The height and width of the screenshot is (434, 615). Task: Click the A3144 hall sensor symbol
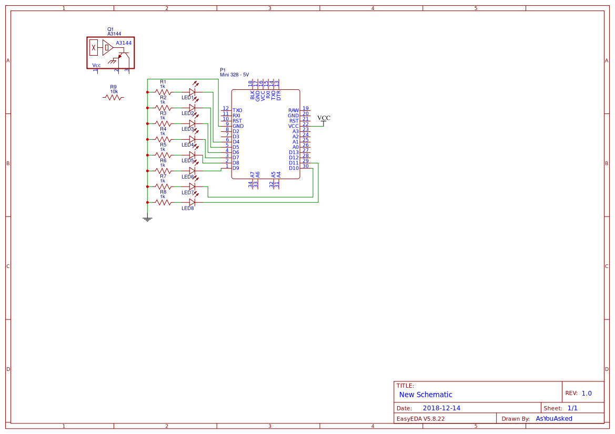click(110, 53)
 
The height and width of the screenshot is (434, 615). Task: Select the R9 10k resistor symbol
click(113, 97)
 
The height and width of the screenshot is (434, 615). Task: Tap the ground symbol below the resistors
click(147, 219)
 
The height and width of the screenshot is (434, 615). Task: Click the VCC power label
click(324, 118)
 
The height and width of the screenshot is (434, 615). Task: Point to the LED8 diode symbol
click(192, 202)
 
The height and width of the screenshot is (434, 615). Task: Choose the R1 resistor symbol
click(163, 91)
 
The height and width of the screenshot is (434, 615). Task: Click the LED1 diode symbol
click(192, 91)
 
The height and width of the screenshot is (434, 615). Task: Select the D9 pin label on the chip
click(236, 168)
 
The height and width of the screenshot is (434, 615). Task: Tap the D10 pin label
click(294, 168)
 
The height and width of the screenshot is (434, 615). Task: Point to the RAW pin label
click(293, 110)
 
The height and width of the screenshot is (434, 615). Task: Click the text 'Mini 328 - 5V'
click(234, 75)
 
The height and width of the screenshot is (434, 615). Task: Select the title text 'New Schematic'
click(426, 395)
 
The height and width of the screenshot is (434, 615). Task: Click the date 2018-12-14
click(441, 408)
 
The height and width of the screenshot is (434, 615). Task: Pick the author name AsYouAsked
click(553, 419)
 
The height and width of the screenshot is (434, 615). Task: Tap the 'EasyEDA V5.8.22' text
click(420, 419)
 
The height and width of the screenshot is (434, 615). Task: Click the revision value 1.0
click(587, 393)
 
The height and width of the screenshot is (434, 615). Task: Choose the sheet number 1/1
click(572, 408)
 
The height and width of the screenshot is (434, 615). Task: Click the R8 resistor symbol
click(163, 202)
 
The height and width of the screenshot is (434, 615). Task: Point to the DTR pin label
click(279, 95)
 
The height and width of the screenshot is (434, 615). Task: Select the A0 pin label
click(296, 147)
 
